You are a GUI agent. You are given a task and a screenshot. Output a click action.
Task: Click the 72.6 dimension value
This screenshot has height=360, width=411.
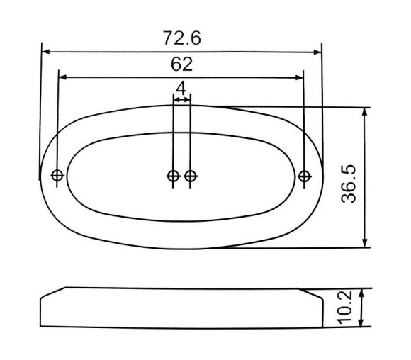click(182, 38)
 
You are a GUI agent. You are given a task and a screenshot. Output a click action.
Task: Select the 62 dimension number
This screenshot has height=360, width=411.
click(181, 64)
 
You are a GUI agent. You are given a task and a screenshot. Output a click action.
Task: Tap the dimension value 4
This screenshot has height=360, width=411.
click(181, 88)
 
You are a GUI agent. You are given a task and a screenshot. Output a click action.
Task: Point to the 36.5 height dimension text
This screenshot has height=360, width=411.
click(349, 184)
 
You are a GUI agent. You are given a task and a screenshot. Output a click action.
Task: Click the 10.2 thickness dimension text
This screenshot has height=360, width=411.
click(344, 308)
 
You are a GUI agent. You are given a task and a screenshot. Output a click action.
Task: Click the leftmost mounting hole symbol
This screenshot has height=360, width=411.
click(57, 176)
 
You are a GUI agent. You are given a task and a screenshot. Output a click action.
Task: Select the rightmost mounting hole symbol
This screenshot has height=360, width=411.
click(305, 176)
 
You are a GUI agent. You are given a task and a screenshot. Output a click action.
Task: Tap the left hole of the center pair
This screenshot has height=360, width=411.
click(174, 176)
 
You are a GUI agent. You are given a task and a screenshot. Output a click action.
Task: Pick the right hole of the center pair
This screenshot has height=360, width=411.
click(191, 176)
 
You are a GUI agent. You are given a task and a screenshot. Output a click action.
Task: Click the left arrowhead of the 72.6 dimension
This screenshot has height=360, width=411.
click(45, 52)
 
